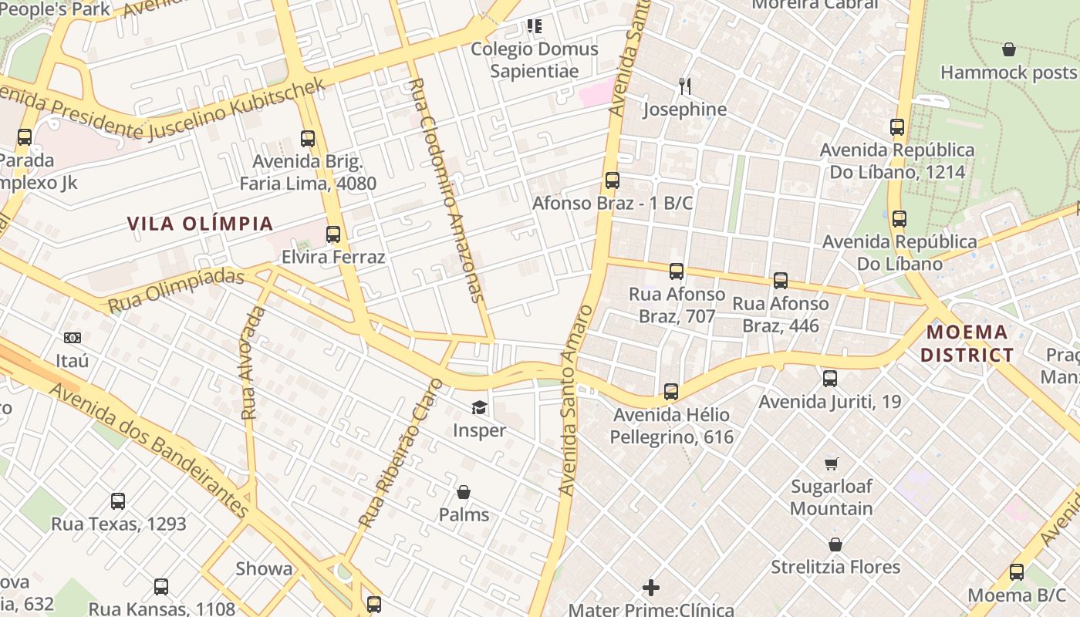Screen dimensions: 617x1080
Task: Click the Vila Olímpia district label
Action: [200, 224]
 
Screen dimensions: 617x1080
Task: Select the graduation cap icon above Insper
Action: [479, 407]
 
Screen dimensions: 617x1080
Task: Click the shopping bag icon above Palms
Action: [464, 492]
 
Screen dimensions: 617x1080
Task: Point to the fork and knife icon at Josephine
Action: [684, 86]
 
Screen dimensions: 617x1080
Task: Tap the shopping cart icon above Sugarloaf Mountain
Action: [831, 464]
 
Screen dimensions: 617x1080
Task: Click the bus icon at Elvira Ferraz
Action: [333, 234]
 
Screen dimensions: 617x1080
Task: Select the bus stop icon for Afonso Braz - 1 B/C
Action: [613, 180]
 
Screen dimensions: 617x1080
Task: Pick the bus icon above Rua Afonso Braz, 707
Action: [677, 271]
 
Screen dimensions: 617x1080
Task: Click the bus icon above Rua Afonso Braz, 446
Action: [781, 281]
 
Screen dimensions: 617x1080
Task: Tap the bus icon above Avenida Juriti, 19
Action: [830, 379]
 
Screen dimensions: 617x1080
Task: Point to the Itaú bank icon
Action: [73, 338]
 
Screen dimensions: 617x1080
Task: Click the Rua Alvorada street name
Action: [253, 363]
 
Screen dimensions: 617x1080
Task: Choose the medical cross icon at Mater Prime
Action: [651, 588]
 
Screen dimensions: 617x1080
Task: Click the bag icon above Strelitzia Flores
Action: [835, 545]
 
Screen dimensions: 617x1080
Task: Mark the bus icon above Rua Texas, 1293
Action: [118, 501]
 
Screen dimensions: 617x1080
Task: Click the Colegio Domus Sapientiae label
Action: [535, 60]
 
